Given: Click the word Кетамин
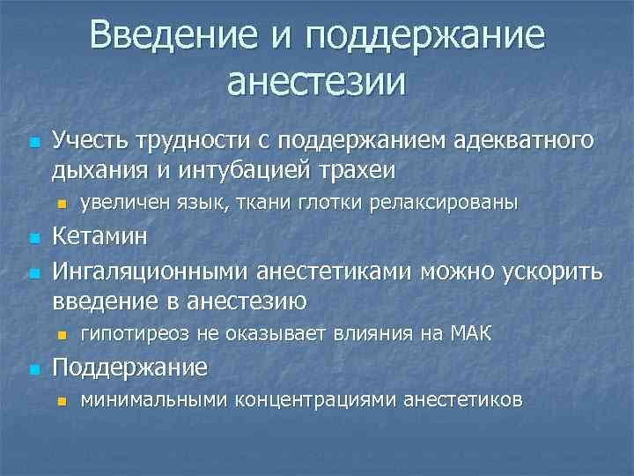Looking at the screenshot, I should tap(100, 237).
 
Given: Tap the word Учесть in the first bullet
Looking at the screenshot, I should tap(89, 140).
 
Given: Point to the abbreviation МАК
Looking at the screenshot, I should tap(472, 332).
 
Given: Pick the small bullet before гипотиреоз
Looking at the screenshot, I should tap(61, 334).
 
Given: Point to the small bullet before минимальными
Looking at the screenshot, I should tap(61, 401).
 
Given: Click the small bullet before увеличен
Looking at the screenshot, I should tap(61, 204).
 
